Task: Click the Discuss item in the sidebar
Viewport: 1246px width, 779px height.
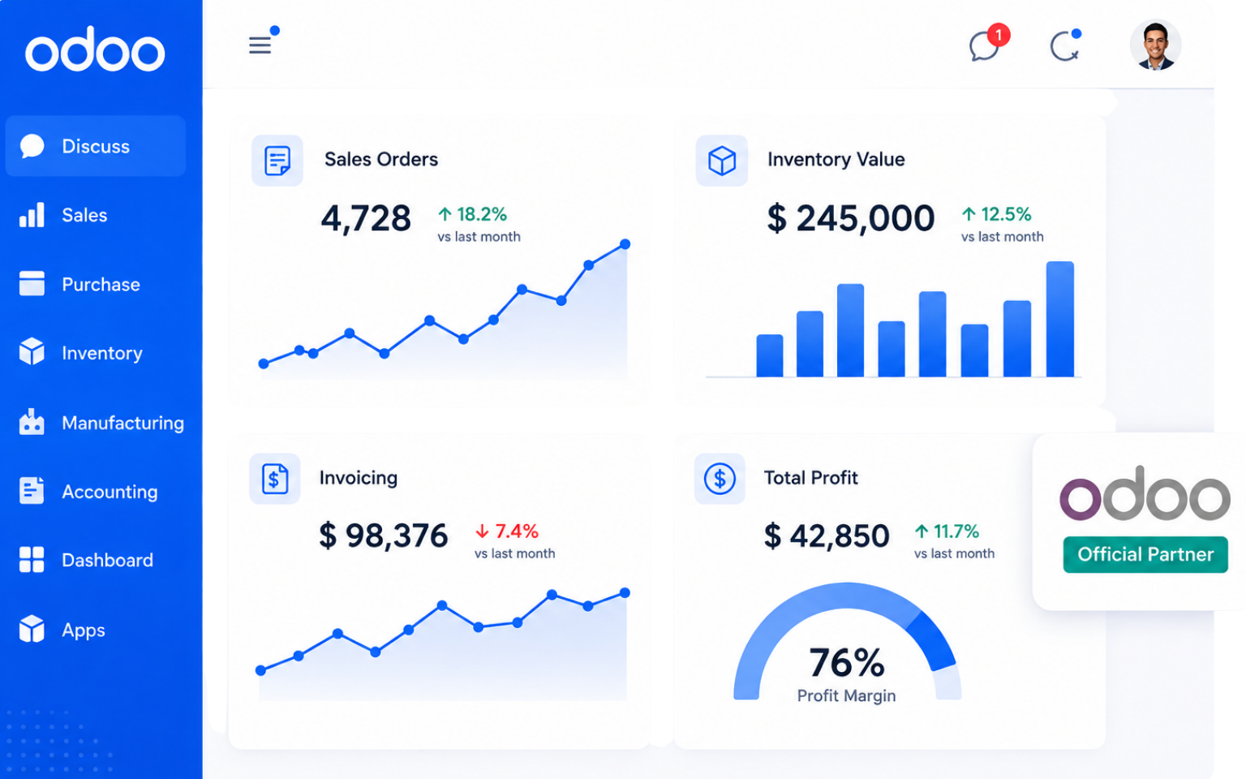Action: [95, 146]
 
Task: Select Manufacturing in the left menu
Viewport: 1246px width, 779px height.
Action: [123, 423]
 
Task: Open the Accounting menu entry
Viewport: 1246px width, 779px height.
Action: [110, 492]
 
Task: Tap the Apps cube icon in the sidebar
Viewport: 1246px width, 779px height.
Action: [32, 629]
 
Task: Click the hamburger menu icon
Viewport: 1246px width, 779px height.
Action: [260, 45]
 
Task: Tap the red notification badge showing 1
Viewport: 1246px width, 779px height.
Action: [999, 35]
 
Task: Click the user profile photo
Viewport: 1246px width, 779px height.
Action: [1155, 45]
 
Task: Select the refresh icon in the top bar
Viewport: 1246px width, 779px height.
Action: [1064, 46]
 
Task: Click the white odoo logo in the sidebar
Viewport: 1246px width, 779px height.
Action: [95, 49]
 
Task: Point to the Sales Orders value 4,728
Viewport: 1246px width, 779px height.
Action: [366, 218]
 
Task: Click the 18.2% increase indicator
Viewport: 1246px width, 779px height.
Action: [473, 214]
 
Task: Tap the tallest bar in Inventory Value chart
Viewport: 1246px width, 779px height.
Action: [1059, 319]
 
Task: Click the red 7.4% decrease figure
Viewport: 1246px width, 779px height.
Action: [507, 532]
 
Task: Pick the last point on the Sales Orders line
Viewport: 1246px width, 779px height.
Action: [625, 243]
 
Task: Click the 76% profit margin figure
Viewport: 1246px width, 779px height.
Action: [847, 663]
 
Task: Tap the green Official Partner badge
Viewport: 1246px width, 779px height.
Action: [1145, 554]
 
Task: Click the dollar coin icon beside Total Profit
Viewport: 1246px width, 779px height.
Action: [720, 479]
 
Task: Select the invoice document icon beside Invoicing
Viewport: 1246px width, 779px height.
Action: [275, 479]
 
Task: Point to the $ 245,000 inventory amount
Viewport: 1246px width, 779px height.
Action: [850, 218]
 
